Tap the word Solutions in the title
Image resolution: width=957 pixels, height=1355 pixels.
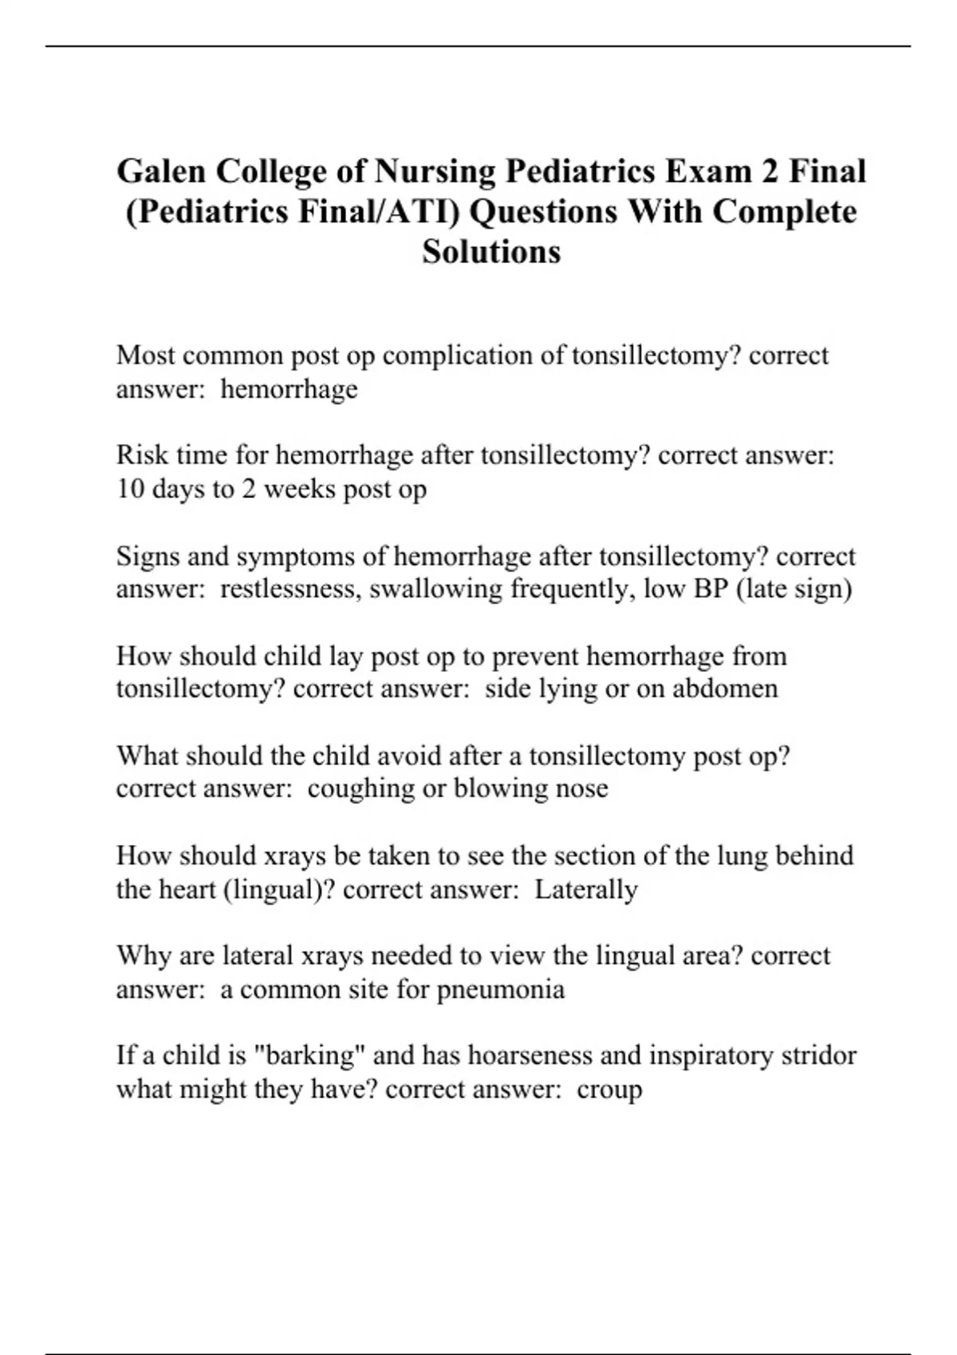click(491, 252)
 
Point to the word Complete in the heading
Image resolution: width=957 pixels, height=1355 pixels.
click(785, 212)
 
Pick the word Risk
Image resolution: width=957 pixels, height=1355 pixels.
click(142, 455)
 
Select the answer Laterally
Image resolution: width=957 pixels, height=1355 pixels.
click(585, 889)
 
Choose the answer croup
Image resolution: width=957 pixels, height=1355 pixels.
click(609, 1090)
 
